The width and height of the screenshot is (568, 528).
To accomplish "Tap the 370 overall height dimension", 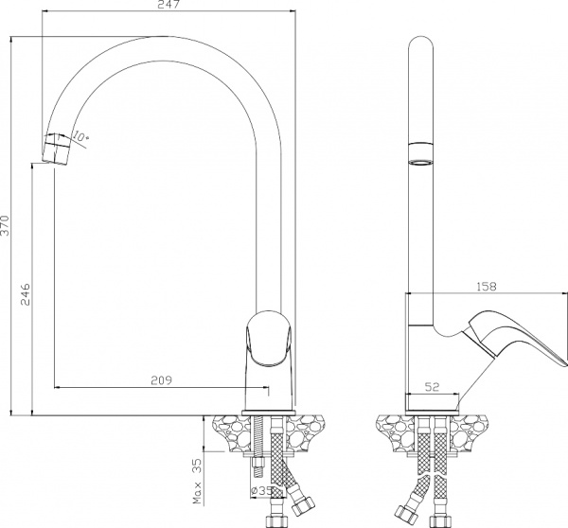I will [7, 224].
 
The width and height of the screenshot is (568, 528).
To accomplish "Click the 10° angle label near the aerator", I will [81, 138].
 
